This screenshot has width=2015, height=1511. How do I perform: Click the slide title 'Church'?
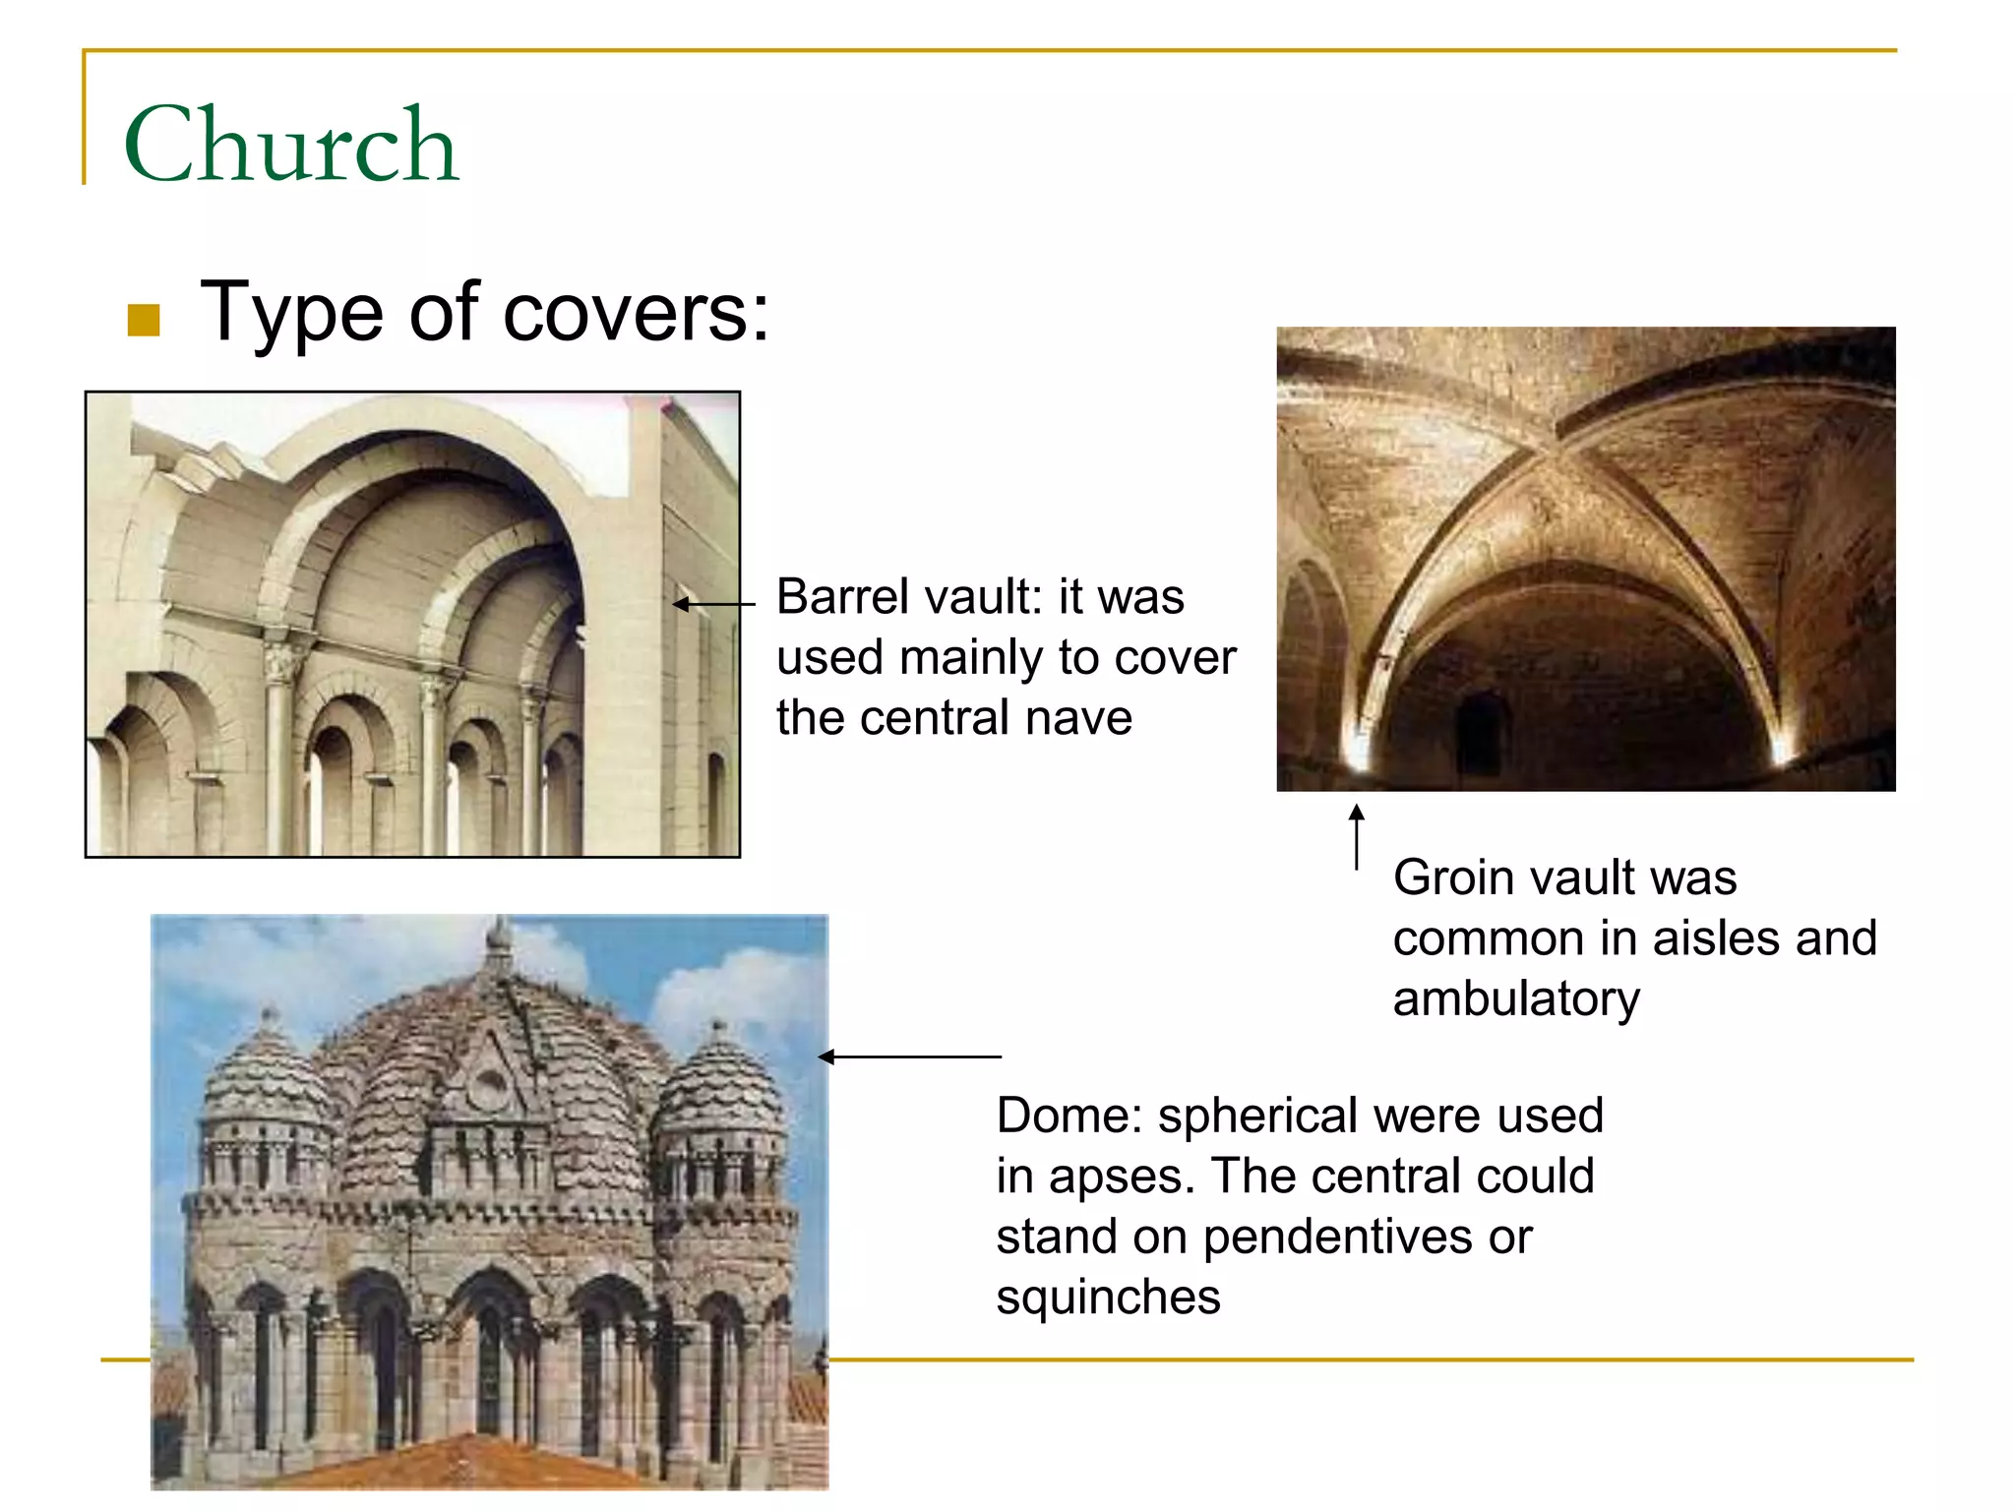point(291,146)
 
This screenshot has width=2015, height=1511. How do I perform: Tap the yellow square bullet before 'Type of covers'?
point(144,320)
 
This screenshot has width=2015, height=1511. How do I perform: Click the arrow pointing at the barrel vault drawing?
point(713,604)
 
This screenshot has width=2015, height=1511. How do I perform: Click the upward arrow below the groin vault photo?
point(1357,836)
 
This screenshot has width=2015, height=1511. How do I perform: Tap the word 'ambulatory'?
point(1516,999)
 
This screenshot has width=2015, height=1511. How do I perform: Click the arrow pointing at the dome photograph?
point(909,1057)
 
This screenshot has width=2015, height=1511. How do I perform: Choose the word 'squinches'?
point(1108,1298)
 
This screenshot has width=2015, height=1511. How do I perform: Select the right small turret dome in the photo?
point(719,1087)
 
